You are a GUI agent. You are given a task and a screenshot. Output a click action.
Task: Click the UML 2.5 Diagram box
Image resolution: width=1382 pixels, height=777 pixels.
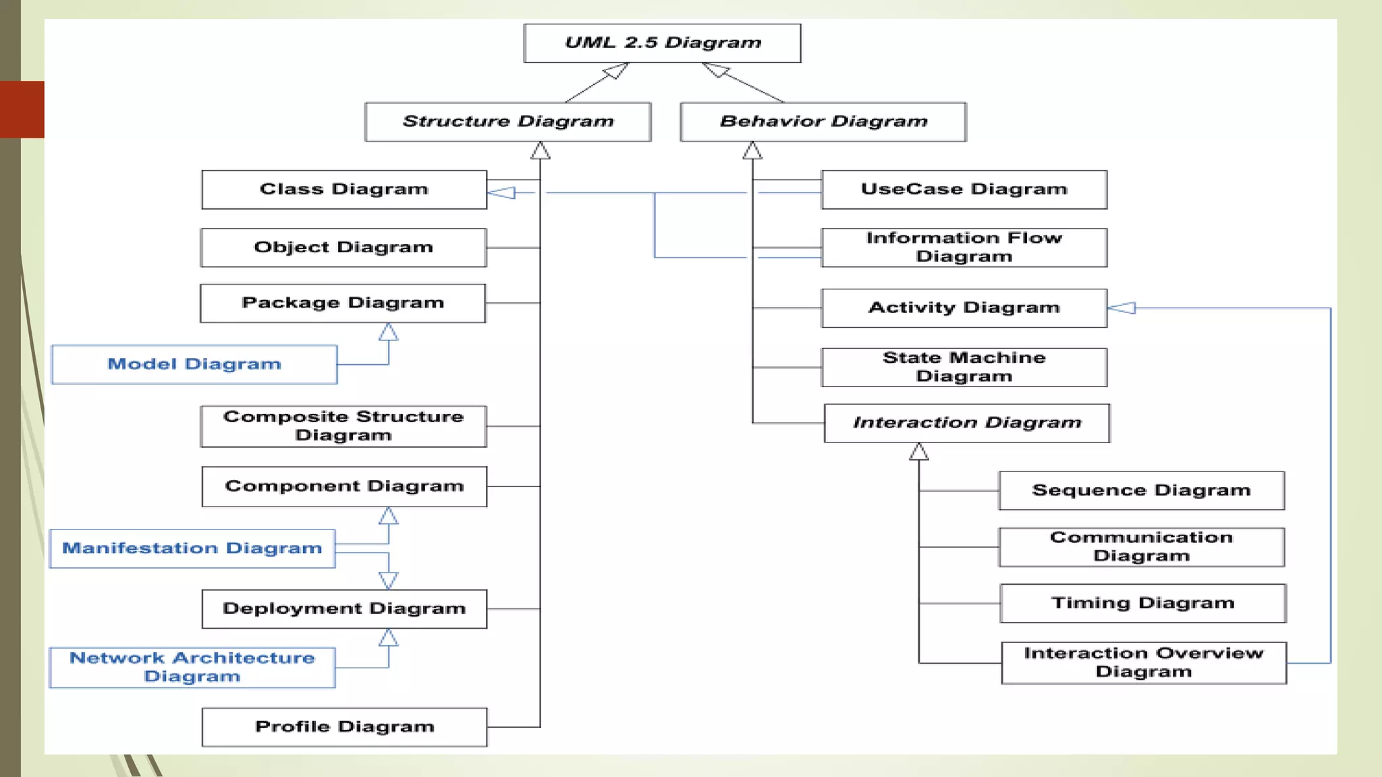(662, 43)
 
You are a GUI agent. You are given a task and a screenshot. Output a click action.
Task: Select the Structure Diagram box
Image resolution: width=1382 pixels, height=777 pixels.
(507, 122)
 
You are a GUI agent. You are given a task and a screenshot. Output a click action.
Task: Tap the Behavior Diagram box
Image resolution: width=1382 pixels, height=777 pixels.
(823, 122)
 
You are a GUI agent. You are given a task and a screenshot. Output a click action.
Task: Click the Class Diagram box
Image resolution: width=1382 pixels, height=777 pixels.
(344, 190)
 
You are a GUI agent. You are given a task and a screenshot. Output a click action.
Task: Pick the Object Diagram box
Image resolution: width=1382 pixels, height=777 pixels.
(343, 248)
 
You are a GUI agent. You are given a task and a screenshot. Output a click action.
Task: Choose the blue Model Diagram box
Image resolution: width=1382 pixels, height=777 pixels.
(194, 364)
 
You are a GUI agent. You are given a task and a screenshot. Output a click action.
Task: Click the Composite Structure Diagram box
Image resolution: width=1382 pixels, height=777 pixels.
(343, 426)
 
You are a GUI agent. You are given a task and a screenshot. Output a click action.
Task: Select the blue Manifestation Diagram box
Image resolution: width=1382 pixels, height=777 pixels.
(192, 548)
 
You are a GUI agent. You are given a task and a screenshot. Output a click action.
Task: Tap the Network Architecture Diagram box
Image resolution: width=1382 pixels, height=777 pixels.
(192, 668)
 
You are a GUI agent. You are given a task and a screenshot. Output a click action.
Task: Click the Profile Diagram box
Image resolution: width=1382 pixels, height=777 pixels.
(344, 727)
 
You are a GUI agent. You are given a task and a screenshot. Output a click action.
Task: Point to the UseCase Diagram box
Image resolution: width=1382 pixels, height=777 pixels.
(964, 190)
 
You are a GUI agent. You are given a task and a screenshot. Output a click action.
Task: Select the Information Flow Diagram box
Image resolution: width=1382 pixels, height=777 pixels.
(964, 248)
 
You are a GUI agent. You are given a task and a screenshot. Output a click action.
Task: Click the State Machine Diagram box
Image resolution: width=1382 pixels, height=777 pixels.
(964, 367)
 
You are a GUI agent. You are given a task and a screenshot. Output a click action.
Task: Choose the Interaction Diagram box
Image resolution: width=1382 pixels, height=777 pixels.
(966, 423)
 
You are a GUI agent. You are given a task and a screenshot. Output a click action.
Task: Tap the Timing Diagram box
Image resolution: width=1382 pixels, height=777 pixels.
(1142, 603)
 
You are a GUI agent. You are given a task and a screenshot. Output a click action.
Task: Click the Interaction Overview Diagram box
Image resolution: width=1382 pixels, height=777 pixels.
(1143, 662)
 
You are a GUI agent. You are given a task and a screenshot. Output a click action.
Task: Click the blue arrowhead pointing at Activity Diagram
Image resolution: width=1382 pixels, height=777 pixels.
(1122, 308)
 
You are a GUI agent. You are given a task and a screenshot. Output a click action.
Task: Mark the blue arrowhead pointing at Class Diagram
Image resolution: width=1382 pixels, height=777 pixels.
(501, 193)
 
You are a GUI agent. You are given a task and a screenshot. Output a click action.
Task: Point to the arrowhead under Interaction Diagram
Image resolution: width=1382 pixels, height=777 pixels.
(918, 452)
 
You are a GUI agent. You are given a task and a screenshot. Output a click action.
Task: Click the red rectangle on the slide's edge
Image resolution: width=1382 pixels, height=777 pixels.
(22, 109)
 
